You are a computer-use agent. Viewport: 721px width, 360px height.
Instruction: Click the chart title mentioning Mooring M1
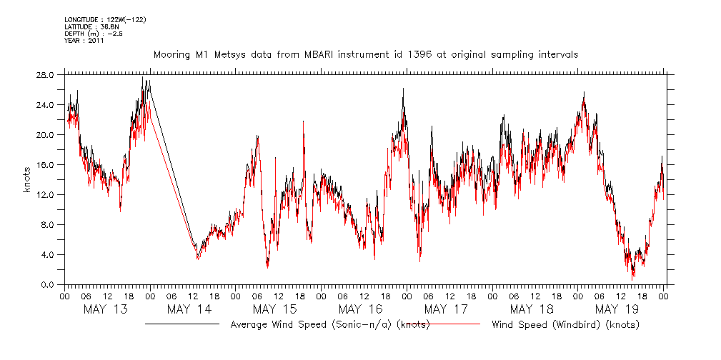coord(366,54)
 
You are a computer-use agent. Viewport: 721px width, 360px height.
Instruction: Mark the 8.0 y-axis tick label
coord(47,224)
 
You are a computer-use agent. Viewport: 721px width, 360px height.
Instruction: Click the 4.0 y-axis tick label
coord(47,254)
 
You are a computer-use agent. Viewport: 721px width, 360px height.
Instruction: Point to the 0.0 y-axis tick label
coord(47,284)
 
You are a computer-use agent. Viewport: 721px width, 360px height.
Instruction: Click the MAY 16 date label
coord(360,309)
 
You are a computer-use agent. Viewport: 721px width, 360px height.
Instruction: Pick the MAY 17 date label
coord(446,309)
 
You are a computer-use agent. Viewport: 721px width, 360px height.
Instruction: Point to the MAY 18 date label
coord(532,309)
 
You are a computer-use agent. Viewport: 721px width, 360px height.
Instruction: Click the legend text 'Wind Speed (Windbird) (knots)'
coord(565,325)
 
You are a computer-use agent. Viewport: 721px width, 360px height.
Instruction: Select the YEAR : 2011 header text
coord(84,41)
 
